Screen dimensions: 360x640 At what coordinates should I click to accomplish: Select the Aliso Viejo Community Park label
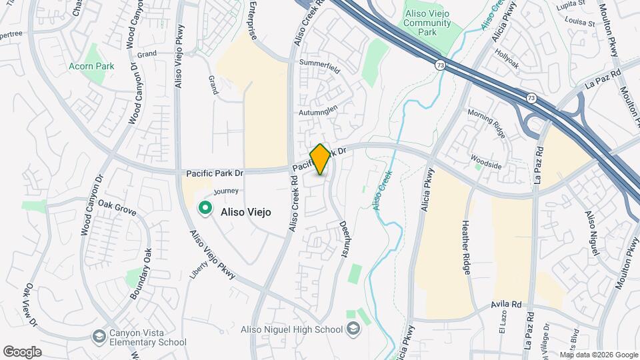(x=427, y=22)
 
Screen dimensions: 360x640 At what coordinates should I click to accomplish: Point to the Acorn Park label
(x=91, y=66)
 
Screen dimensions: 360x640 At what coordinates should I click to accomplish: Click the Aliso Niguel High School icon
(x=353, y=329)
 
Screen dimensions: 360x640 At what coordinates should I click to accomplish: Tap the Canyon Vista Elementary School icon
(x=99, y=335)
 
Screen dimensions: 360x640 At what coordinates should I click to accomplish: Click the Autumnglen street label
(x=319, y=111)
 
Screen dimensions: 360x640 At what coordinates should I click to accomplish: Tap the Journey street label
(x=227, y=191)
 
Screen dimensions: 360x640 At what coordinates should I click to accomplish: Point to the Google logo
(x=22, y=351)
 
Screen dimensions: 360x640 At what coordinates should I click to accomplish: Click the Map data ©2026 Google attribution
(x=598, y=355)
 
